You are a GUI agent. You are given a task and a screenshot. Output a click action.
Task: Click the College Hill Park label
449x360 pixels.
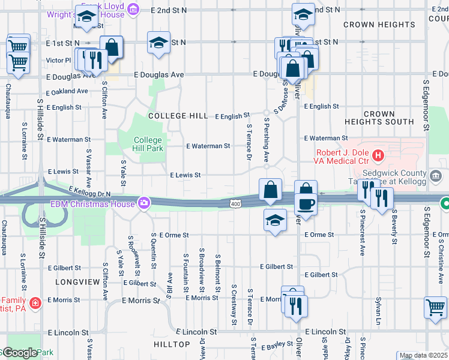[148, 143]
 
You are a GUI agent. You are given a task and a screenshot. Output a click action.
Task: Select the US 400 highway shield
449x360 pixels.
[237, 205]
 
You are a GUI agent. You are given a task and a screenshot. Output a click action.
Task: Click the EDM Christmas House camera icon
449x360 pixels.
[144, 203]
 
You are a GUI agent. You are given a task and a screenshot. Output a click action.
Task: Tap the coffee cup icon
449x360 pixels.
[306, 203]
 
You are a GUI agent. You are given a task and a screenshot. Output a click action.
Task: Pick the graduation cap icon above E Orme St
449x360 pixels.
[275, 220]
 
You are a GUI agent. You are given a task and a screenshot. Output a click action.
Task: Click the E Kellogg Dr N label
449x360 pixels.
[90, 192]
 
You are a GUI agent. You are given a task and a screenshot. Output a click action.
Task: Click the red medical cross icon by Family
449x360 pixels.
[35, 302]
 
